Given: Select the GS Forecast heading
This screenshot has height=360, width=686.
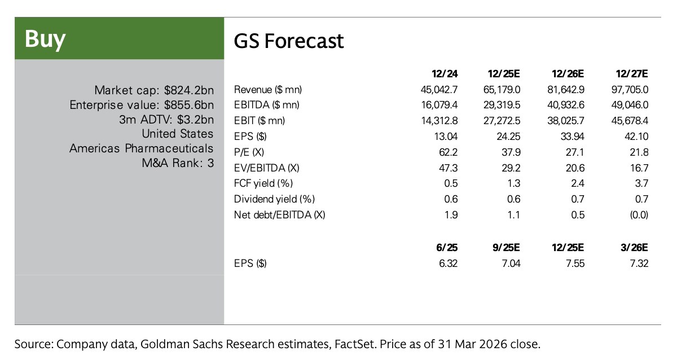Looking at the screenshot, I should pos(288,41).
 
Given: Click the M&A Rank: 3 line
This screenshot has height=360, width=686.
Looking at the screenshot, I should pos(178,163).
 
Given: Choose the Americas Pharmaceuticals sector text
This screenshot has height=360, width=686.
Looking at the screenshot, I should pos(142,148).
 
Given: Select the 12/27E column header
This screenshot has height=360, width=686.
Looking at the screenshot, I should pos(632,74).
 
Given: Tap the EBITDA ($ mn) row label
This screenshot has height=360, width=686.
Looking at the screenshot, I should pos(266,104).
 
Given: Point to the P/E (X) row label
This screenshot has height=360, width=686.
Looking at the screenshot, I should pos(250,152).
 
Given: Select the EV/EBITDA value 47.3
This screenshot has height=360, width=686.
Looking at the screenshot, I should pos(449,168).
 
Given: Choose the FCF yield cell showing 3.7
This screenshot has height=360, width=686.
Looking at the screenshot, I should pos(641,183).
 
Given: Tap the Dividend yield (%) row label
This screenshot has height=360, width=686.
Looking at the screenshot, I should pos(274,199).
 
